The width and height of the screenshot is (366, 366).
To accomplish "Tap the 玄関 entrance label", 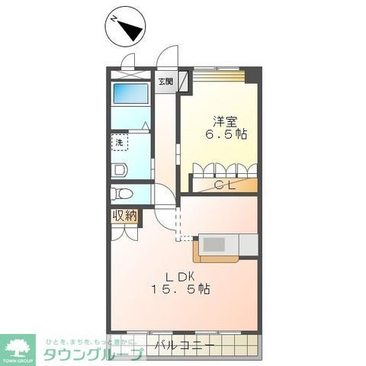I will point(165,81).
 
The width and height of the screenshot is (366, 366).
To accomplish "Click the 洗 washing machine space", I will point(121,142).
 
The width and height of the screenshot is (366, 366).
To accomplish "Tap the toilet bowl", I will point(121,192).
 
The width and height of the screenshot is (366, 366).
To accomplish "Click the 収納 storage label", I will point(125,217).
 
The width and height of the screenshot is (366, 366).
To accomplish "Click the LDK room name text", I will point(180,275).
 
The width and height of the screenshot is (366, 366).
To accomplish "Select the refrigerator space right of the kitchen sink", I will point(249,243).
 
